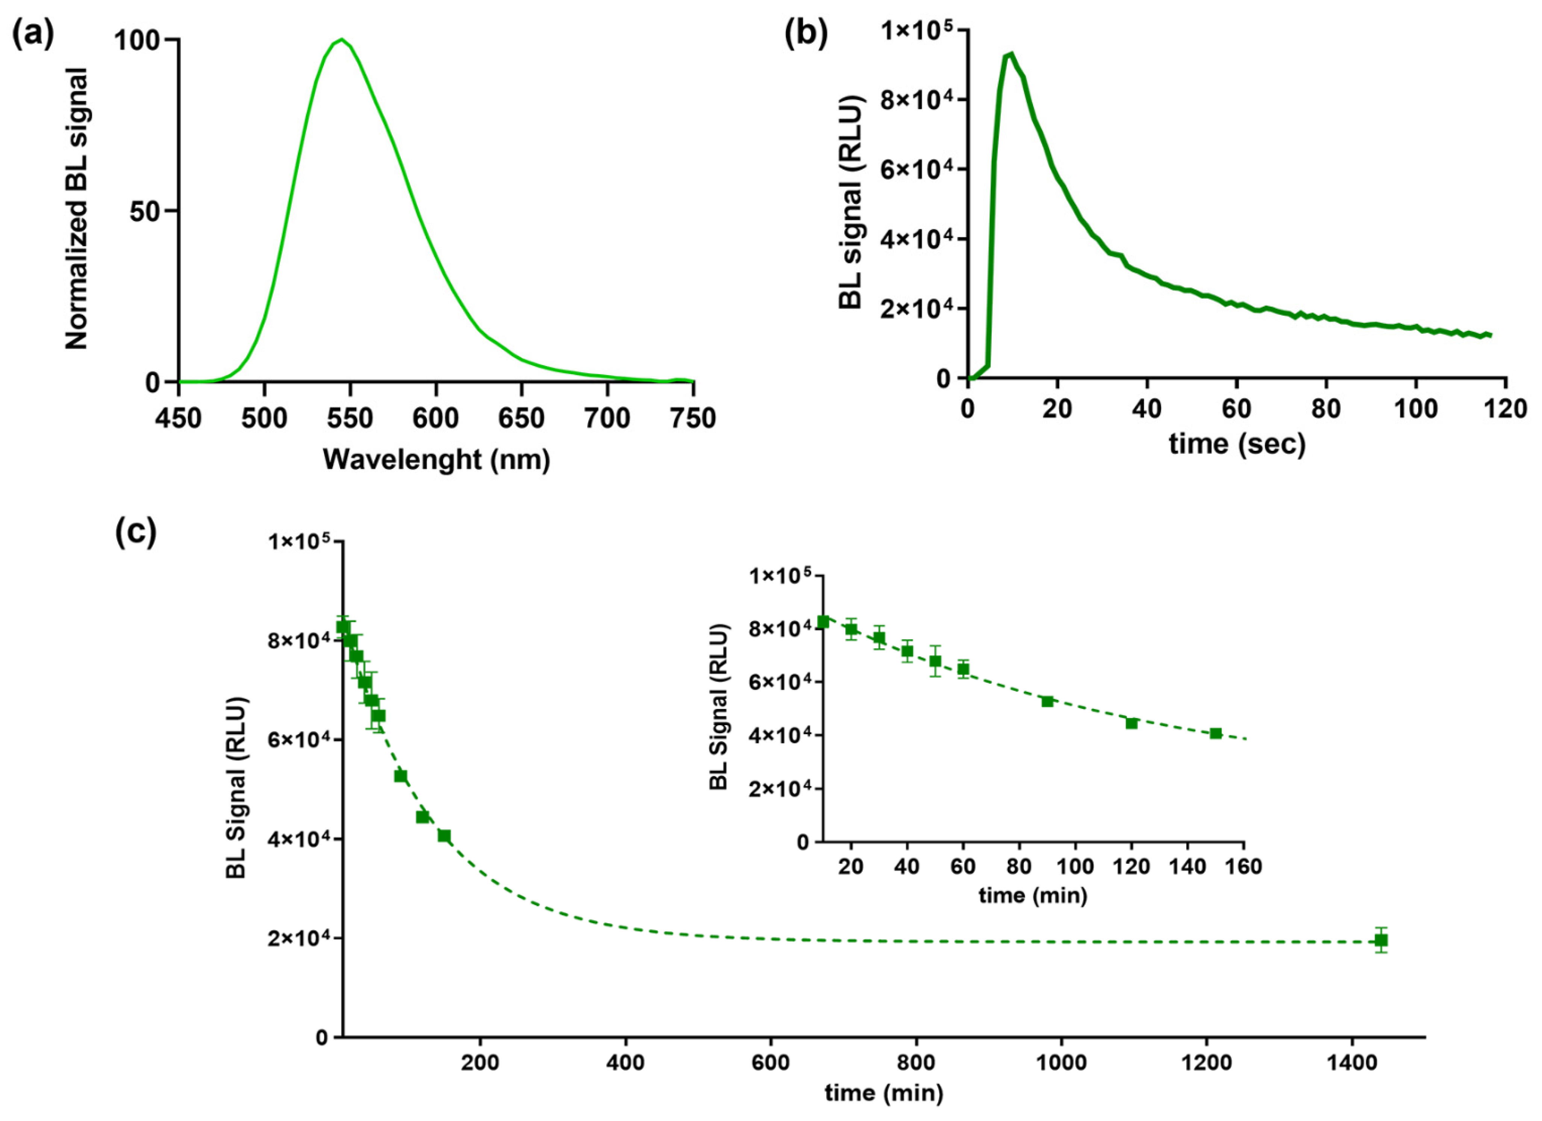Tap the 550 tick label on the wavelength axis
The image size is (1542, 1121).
pos(350,417)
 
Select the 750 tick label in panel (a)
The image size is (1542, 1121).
pos(692,417)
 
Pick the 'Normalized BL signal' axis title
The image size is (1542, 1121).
pos(76,209)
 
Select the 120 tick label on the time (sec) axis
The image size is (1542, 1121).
pos(1505,409)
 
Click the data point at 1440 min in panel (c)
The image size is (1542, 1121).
pos(1381,940)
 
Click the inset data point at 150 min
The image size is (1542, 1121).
pos(1216,733)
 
